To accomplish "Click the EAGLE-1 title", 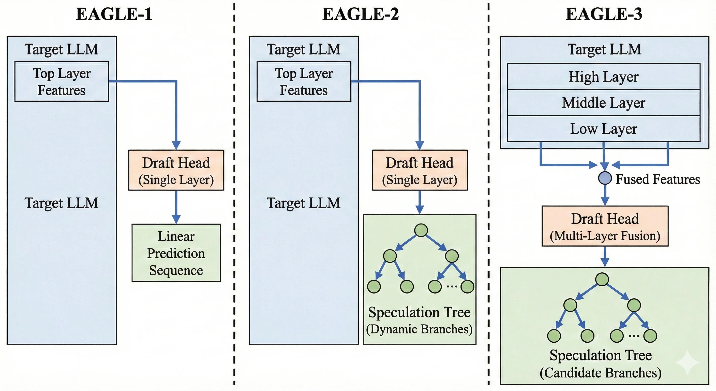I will click(x=114, y=15).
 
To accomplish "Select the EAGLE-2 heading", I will click(x=361, y=15).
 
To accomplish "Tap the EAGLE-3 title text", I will click(x=604, y=15).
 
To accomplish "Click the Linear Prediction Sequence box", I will click(x=176, y=253).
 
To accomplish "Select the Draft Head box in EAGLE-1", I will click(x=176, y=170).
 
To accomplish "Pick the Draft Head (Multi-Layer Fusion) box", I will click(x=605, y=226).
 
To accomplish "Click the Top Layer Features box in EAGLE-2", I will click(x=304, y=81).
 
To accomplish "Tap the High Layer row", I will click(x=603, y=77).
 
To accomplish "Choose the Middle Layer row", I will click(x=603, y=103).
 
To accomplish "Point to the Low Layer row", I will click(x=603, y=129).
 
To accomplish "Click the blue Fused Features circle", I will click(x=605, y=178).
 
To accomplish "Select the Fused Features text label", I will click(x=658, y=179).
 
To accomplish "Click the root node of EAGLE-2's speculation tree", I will click(x=421, y=230).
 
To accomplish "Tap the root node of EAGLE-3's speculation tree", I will click(x=602, y=280).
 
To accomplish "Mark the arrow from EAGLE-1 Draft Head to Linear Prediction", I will click(x=176, y=206).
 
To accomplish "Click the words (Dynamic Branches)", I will click(x=419, y=329).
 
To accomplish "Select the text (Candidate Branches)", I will click(x=600, y=373).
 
